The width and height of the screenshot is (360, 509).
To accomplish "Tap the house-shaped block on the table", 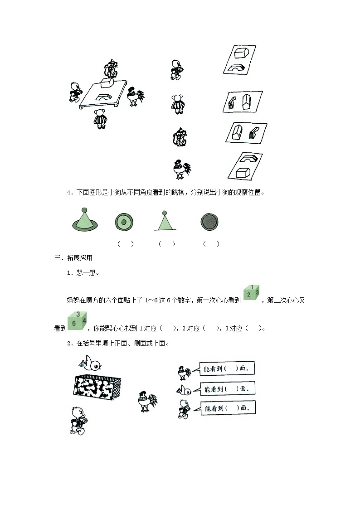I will coord(108,83).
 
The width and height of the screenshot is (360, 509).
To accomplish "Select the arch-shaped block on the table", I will coord(105,96).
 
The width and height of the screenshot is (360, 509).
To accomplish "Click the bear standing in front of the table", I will coord(100,119).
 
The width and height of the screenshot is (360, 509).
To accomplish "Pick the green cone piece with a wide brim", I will coord(84,220).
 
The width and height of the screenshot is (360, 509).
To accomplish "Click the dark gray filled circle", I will coord(209,222).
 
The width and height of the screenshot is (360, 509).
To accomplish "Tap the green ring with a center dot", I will coord(123,222).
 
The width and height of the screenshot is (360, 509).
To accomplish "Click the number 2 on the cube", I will coord(248,295).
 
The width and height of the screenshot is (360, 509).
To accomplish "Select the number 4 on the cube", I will coord(84,320).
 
